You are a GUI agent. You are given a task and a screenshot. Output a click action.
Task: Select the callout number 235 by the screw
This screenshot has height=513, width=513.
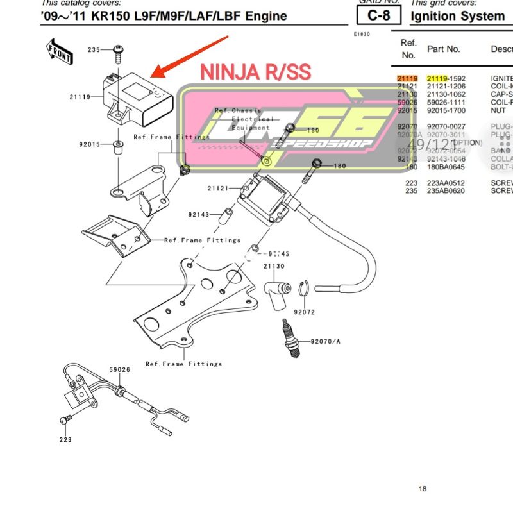point(94,50)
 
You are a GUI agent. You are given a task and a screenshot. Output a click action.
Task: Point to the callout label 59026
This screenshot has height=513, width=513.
point(119,369)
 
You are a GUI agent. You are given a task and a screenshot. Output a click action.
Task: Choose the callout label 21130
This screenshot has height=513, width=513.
point(273,266)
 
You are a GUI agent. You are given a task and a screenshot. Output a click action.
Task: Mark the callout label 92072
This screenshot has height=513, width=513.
point(305,312)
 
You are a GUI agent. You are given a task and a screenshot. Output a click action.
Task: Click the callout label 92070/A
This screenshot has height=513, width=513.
point(325,341)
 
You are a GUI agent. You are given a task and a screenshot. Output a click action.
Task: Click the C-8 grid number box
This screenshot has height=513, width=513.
point(378,15)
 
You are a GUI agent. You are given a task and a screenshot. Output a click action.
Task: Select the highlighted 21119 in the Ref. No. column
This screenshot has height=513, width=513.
point(407,78)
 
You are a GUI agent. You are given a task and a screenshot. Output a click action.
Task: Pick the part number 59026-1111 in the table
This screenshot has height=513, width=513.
point(446,102)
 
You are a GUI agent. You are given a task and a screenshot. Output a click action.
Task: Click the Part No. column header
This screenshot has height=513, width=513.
point(444,49)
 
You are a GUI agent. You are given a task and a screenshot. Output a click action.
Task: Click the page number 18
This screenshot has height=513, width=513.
point(422,489)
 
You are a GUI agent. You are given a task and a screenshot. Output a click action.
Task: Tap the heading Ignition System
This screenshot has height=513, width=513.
point(457,15)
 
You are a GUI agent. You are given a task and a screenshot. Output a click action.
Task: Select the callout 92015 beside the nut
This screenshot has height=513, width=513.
point(89,144)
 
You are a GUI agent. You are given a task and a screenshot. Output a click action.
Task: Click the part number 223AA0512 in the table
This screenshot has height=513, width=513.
point(446,183)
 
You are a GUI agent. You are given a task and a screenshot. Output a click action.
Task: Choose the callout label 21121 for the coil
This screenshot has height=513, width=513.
point(218,189)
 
